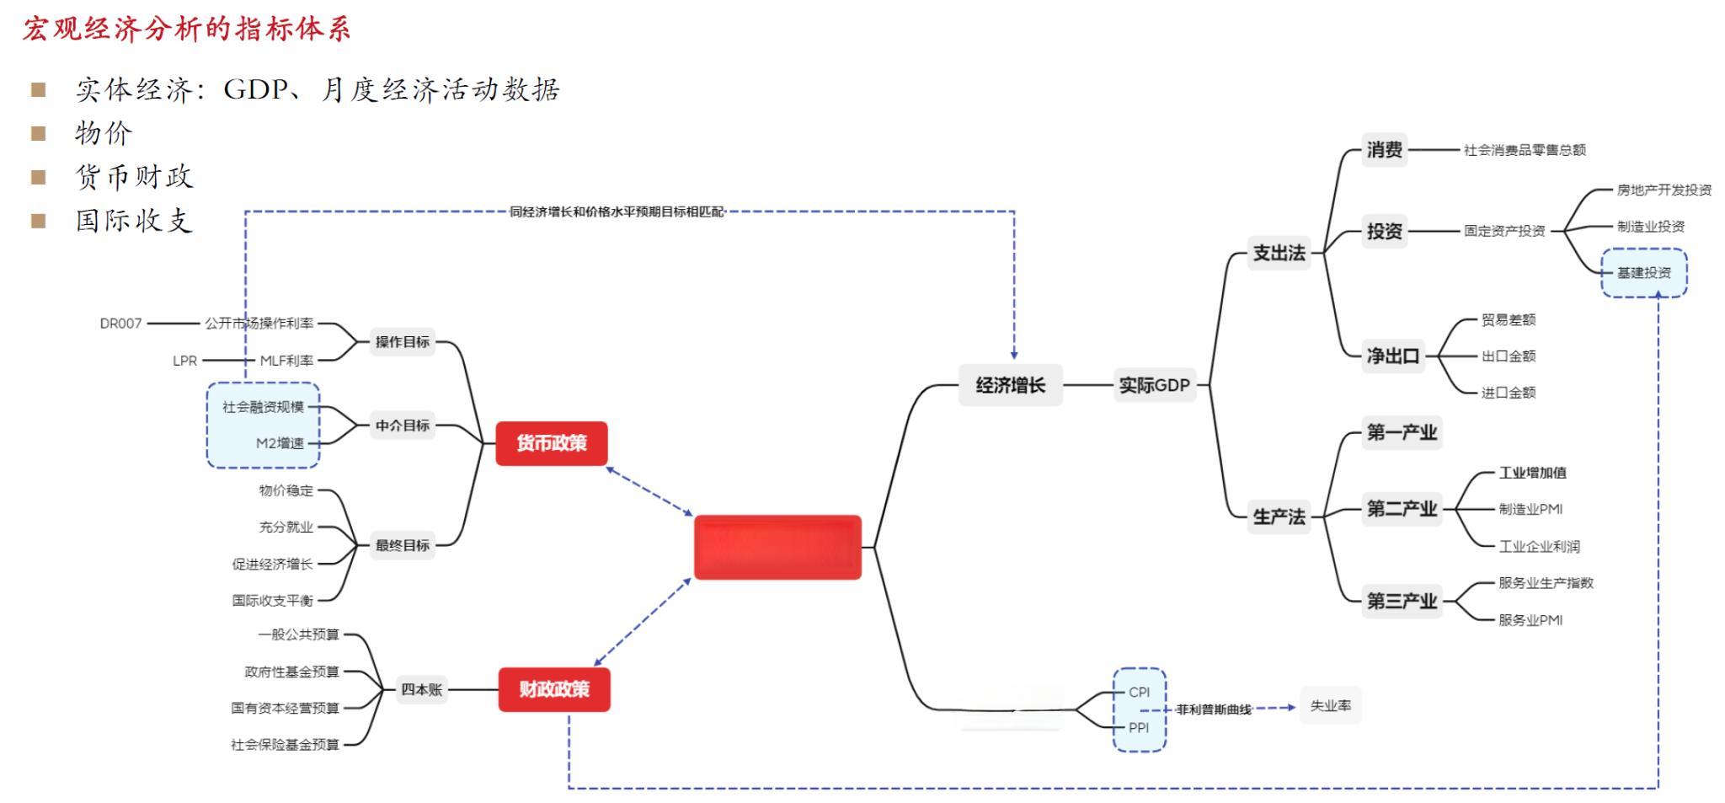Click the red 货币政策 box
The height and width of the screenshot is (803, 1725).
point(552,443)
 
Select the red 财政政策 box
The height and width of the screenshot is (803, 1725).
point(554,689)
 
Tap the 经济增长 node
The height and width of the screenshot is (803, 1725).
point(1010,385)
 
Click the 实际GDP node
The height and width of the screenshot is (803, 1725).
point(1154,385)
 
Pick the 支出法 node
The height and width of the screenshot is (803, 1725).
point(1279,253)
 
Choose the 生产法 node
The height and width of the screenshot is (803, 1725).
point(1279,517)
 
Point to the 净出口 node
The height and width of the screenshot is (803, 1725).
point(1393,356)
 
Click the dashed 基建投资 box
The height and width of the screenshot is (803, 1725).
point(1643,273)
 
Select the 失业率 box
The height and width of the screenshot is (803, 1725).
point(1330,705)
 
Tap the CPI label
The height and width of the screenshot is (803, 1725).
point(1139,692)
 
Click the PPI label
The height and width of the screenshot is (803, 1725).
point(1139,728)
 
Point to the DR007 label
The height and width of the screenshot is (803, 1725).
point(120,324)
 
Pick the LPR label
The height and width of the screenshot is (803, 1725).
point(184,361)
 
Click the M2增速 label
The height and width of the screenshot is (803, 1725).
point(280,443)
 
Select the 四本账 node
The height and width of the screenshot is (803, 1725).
point(421,689)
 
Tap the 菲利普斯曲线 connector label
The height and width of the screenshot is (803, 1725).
point(1214,709)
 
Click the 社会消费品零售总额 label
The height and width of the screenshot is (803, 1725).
point(1525,150)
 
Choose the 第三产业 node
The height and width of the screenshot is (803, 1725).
point(1402,601)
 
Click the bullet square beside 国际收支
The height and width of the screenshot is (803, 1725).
point(38,221)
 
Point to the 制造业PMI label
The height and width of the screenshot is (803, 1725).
point(1530,509)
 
